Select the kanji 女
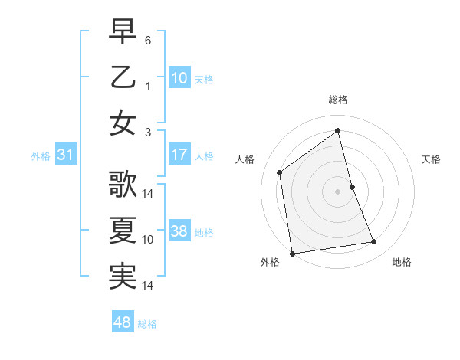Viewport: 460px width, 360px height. click(x=123, y=123)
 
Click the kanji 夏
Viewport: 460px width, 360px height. click(x=123, y=230)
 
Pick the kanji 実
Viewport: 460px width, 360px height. click(x=123, y=277)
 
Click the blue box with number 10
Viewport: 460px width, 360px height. click(x=179, y=78)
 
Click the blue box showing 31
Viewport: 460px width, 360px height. click(x=65, y=155)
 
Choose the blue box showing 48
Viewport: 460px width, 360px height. click(x=123, y=322)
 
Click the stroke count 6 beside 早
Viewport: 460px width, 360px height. click(x=148, y=38)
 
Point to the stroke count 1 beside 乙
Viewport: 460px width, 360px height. click(x=148, y=86)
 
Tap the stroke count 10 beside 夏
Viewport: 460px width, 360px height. click(x=148, y=240)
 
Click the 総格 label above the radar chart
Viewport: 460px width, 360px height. click(x=338, y=100)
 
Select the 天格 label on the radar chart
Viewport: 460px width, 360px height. click(x=431, y=159)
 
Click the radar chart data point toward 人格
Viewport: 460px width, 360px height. click(x=280, y=172)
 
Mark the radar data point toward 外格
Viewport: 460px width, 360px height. click(x=292, y=254)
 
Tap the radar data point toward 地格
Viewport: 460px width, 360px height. click(x=374, y=242)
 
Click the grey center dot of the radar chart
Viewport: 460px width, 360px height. click(x=338, y=191)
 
